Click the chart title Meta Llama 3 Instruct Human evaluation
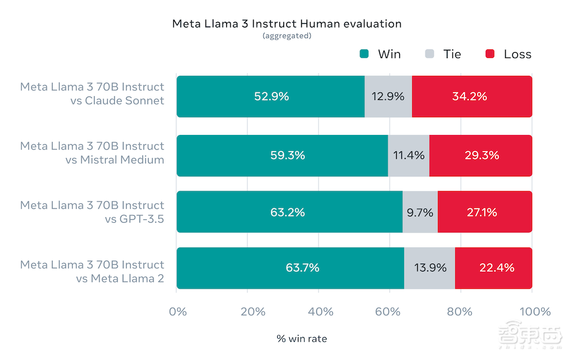286,24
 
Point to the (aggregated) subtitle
286,36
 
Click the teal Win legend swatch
364,55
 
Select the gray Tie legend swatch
429,55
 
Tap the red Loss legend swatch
490,55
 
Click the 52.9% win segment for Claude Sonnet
270,96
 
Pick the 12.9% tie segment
388,96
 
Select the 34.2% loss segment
471,96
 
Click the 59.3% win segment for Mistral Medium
282,156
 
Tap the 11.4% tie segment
409,156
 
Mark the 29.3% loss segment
480,156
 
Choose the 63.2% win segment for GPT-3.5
289,212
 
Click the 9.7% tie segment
420,212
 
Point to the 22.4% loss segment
493,268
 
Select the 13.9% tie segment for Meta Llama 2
429,268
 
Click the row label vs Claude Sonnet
125,101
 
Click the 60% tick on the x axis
390,312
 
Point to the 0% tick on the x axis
178,312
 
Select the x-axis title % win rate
302,339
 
